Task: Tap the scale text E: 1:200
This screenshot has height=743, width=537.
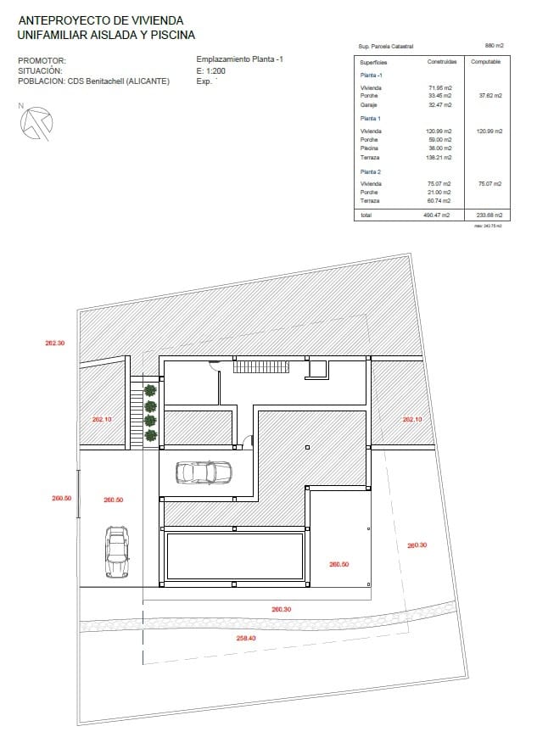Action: (210, 71)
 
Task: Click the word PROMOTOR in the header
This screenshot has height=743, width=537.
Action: (41, 61)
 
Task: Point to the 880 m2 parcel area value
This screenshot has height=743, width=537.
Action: (495, 46)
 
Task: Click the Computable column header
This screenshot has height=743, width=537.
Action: (485, 63)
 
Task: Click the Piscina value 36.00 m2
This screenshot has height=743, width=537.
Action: (441, 148)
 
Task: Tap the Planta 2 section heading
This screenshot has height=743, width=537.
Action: (371, 171)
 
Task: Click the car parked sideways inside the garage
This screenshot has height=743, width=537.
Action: (204, 472)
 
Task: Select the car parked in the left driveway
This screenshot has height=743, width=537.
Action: (117, 551)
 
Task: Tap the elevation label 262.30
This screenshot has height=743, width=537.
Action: (55, 344)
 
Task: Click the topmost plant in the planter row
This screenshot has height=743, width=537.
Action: (150, 390)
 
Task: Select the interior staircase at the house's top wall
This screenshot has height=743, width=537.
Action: (261, 366)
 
